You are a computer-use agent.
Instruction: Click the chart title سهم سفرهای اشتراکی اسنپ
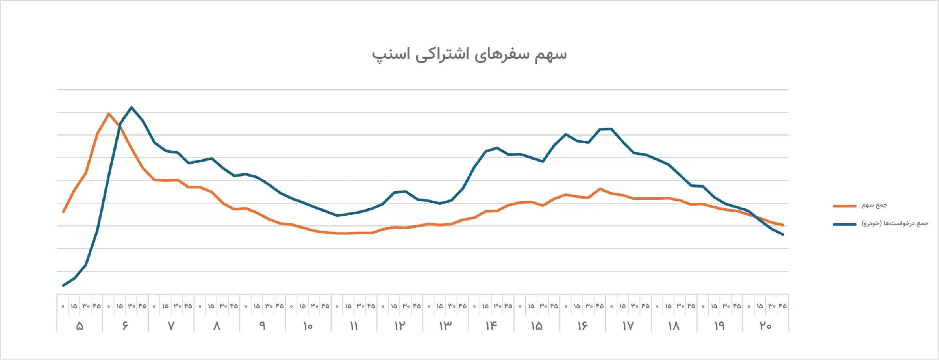(x=469, y=55)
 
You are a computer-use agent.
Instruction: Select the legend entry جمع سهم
(x=874, y=205)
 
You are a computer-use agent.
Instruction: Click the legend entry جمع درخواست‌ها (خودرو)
(x=895, y=224)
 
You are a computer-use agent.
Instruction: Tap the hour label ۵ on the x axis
(x=79, y=326)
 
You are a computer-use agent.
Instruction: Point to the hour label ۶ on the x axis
(x=125, y=326)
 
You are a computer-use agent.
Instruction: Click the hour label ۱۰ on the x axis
(x=308, y=326)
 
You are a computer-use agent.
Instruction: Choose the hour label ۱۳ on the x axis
(x=445, y=326)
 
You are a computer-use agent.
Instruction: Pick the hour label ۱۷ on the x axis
(x=628, y=326)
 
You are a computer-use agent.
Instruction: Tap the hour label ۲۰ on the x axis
(x=765, y=326)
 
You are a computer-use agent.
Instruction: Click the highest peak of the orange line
(x=109, y=113)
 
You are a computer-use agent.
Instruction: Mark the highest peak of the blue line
(x=131, y=107)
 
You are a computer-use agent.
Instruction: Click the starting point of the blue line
(x=63, y=286)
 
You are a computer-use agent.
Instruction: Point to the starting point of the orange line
(x=63, y=212)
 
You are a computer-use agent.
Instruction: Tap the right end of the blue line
(x=783, y=235)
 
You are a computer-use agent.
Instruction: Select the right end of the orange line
(x=783, y=225)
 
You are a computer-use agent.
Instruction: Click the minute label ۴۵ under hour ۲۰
(x=783, y=306)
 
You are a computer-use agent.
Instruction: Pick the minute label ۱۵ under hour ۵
(x=74, y=306)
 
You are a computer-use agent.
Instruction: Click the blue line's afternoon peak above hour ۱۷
(x=611, y=129)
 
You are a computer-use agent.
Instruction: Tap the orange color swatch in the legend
(x=844, y=206)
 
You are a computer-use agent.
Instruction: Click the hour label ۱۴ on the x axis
(x=491, y=326)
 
